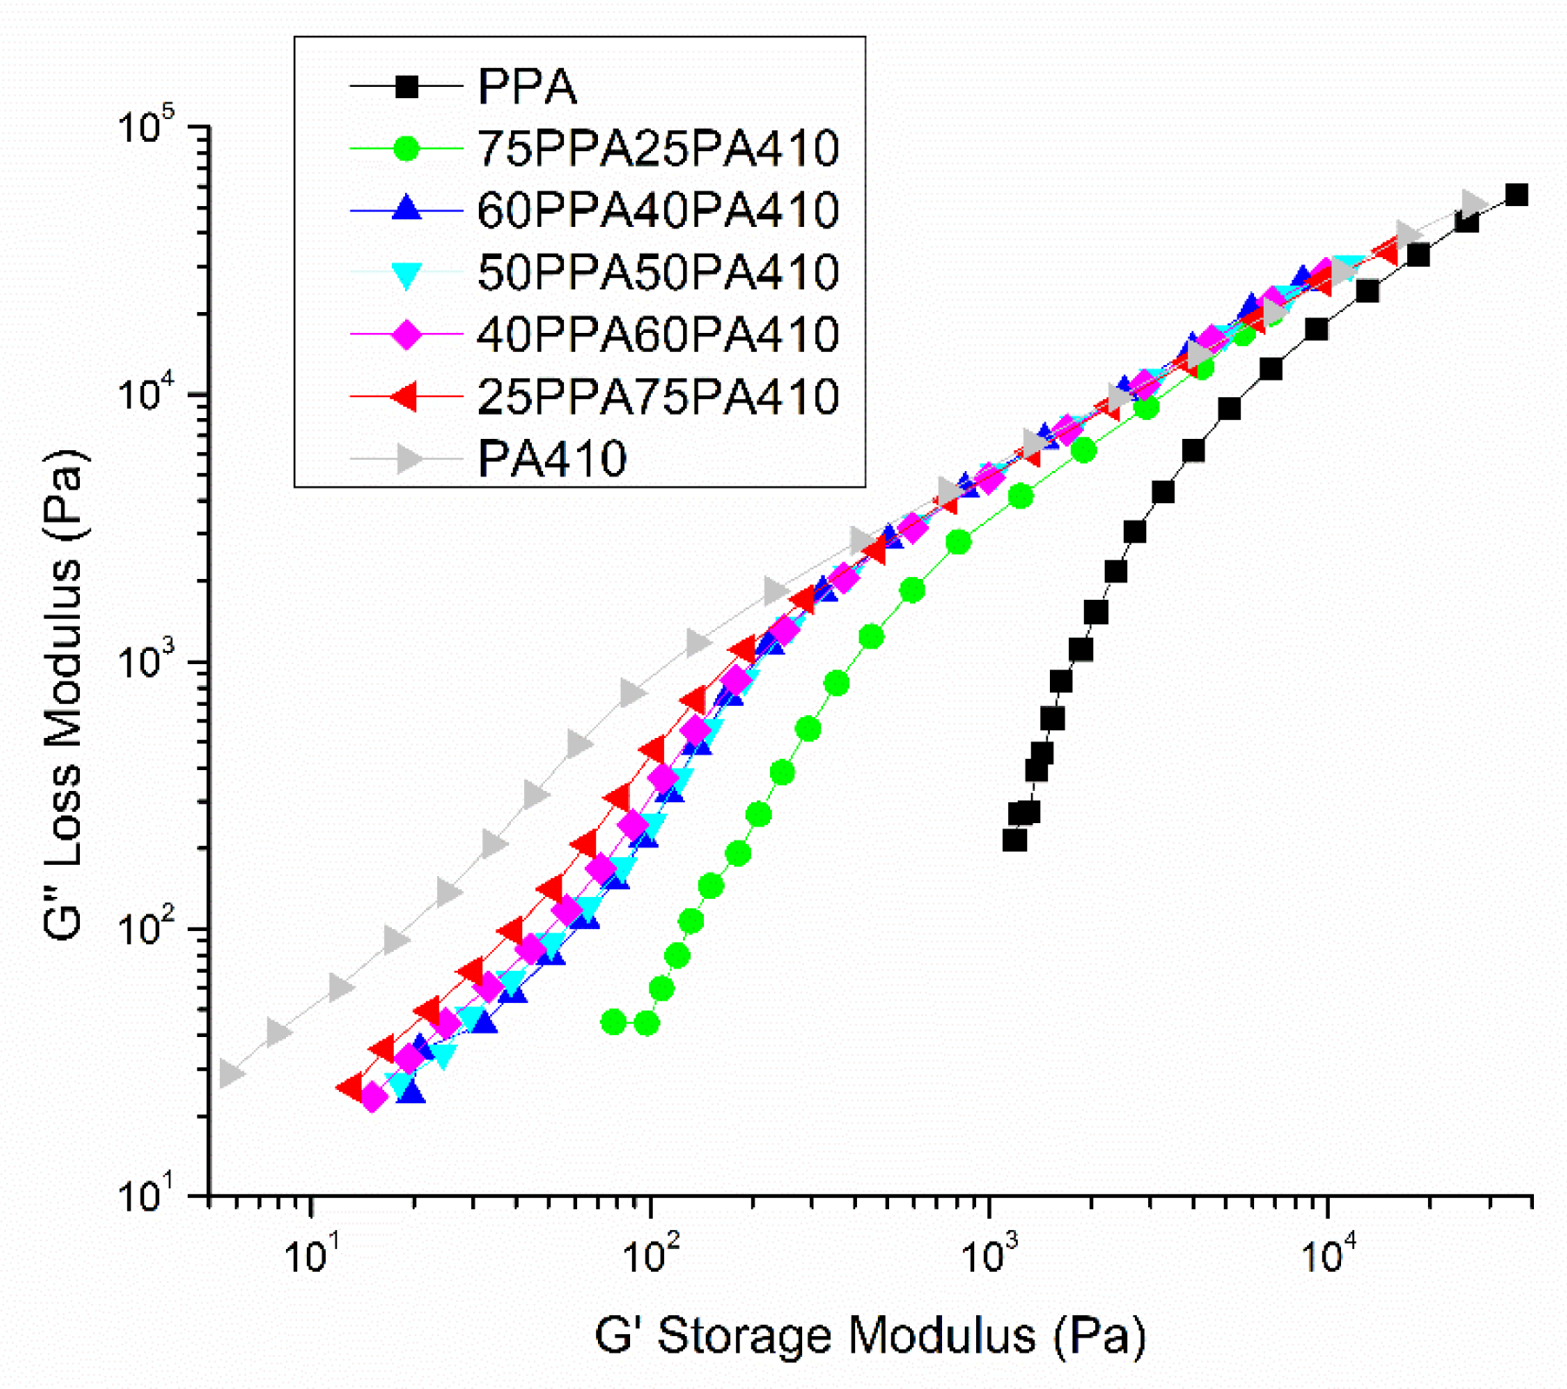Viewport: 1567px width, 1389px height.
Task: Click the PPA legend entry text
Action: pyautogui.click(x=527, y=87)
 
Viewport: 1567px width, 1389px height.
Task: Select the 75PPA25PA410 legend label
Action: pyautogui.click(x=658, y=149)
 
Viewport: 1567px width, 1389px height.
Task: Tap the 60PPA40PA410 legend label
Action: pyautogui.click(x=658, y=210)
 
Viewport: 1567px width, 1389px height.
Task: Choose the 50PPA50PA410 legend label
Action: pyautogui.click(x=658, y=272)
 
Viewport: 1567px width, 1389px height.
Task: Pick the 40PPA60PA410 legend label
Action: pyautogui.click(x=658, y=335)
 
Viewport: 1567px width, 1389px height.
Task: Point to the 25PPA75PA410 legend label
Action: pyautogui.click(x=658, y=396)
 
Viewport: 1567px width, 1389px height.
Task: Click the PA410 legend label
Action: pyautogui.click(x=552, y=459)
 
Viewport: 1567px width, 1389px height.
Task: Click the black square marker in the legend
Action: pyautogui.click(x=406, y=87)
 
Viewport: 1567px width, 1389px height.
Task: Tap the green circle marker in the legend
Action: pyautogui.click(x=406, y=149)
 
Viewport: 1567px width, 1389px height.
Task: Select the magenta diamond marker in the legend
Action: pyautogui.click(x=406, y=335)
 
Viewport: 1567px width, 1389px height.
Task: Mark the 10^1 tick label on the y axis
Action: pyautogui.click(x=146, y=1196)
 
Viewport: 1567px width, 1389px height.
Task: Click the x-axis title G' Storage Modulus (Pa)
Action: pyautogui.click(x=869, y=1336)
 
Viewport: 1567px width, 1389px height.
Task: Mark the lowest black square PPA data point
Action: pyautogui.click(x=1014, y=841)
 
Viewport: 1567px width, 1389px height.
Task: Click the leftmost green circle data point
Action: pyautogui.click(x=614, y=1022)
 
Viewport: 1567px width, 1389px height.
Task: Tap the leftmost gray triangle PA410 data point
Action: pyautogui.click(x=229, y=1073)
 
